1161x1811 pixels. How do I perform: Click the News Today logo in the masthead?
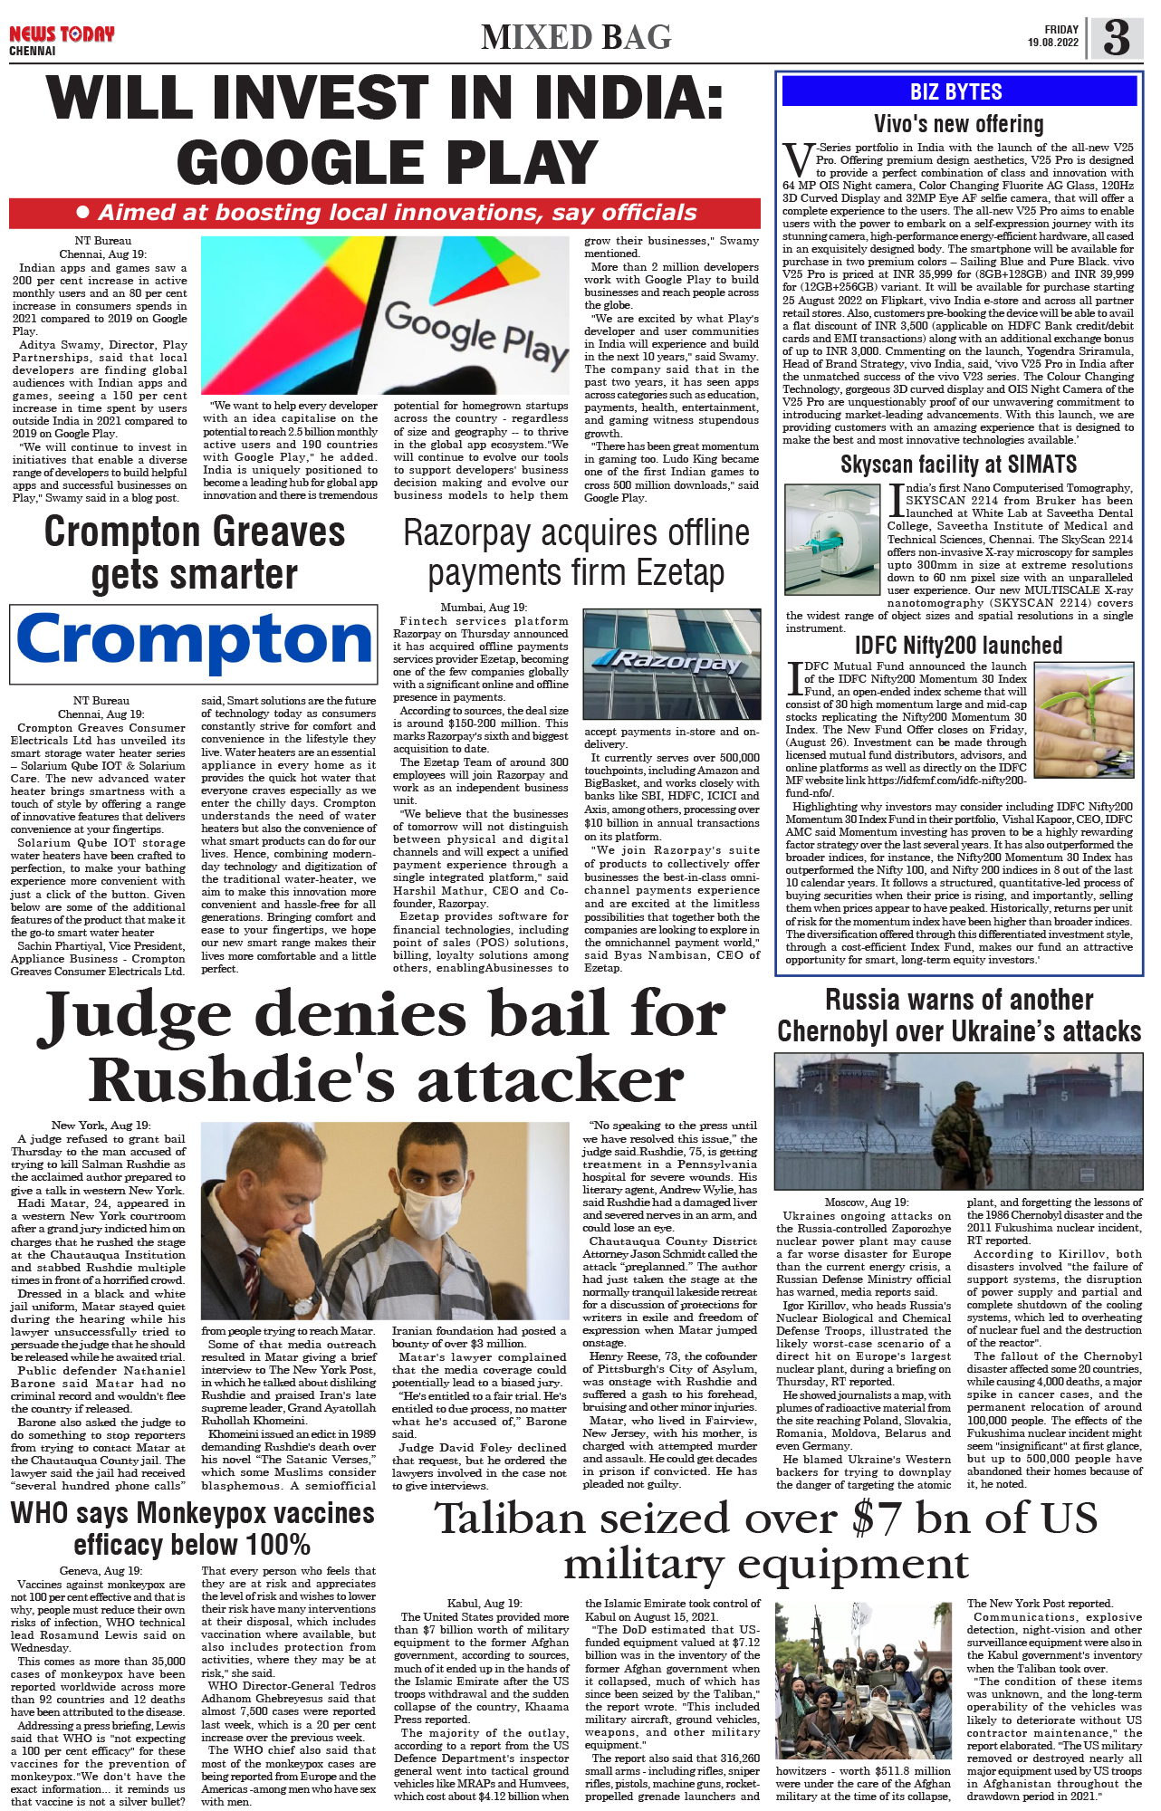click(62, 35)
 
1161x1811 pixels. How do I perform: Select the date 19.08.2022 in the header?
click(1052, 43)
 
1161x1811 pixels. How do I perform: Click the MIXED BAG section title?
click(576, 37)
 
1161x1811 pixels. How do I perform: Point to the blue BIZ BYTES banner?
click(958, 91)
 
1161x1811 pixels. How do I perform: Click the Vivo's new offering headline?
click(958, 124)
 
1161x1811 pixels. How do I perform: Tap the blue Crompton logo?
click(194, 640)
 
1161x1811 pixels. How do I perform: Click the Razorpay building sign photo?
click(671, 664)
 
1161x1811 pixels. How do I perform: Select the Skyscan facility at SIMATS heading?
click(958, 465)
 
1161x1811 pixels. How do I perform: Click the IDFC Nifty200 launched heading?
click(958, 645)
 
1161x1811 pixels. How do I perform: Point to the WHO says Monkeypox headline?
click(192, 1528)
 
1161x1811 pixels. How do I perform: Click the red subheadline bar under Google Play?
click(384, 213)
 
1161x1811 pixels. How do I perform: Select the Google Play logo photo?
click(385, 315)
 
